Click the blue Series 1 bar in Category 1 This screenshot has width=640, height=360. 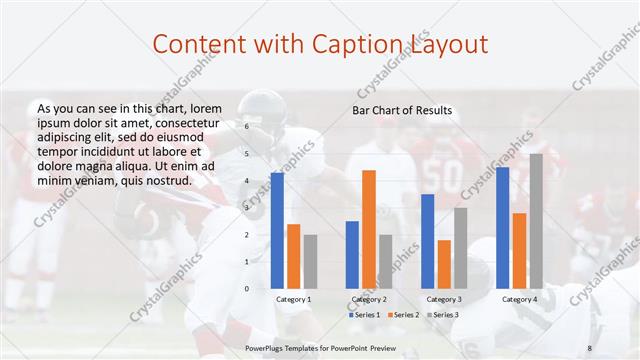click(x=277, y=230)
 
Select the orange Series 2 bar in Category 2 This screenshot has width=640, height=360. click(x=369, y=229)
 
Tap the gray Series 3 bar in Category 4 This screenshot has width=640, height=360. click(x=536, y=220)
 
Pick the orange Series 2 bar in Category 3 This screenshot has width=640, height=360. click(x=444, y=264)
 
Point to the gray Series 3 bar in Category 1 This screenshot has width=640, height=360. click(x=310, y=261)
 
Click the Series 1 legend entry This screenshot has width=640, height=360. click(x=365, y=315)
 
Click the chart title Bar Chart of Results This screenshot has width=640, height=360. click(x=401, y=110)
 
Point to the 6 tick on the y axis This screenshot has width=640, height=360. click(x=246, y=127)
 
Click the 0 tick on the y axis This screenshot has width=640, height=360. click(x=246, y=288)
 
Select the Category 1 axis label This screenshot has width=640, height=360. click(x=293, y=299)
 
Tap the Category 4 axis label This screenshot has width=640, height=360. click(x=519, y=299)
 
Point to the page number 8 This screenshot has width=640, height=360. click(x=589, y=346)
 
